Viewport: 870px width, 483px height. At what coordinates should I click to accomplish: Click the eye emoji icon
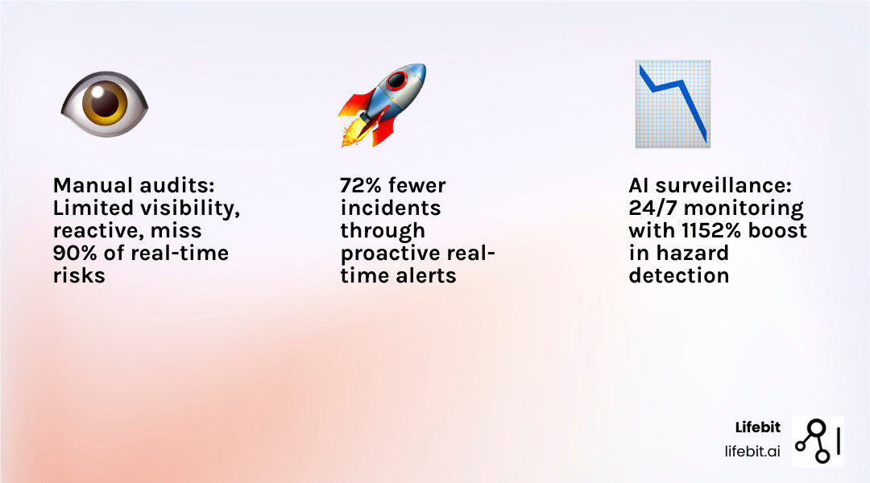(105, 104)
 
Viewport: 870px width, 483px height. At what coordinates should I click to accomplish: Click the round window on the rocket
(397, 81)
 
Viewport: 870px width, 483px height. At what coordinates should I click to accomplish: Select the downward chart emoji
(673, 104)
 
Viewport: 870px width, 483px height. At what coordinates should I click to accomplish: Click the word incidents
(390, 208)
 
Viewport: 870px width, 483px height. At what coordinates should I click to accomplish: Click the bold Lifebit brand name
(757, 427)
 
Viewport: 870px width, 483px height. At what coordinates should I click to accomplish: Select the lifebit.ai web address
(752, 451)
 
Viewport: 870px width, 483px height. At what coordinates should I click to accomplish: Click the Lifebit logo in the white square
(818, 441)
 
